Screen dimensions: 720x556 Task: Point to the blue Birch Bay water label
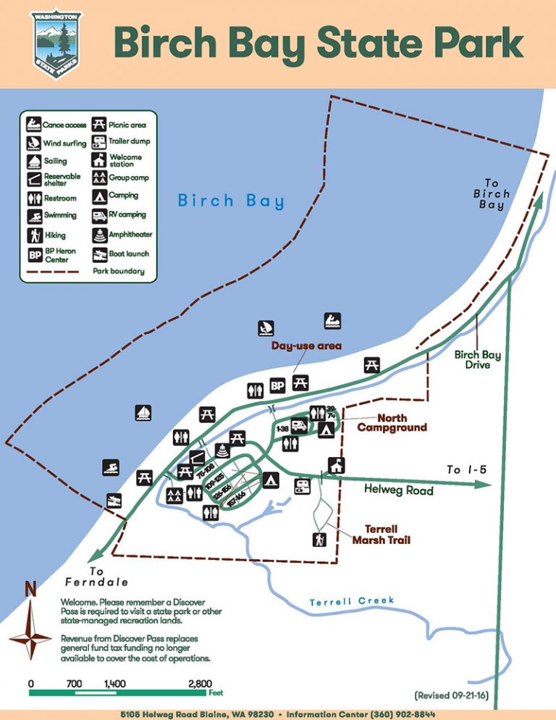tap(231, 201)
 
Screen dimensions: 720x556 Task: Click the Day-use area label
tap(306, 346)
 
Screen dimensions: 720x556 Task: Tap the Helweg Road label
tap(398, 490)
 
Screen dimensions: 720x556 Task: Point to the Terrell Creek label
tap(352, 601)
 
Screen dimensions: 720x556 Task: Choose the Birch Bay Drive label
tap(477, 360)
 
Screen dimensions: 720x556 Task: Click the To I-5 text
tap(466, 469)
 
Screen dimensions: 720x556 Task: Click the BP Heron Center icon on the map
tap(277, 386)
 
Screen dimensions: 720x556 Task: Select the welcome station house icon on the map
tap(335, 464)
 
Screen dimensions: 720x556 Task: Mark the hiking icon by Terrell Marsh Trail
tap(319, 539)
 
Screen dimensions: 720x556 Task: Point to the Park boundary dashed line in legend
tap(52, 272)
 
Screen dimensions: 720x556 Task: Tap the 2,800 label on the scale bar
tap(200, 683)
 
